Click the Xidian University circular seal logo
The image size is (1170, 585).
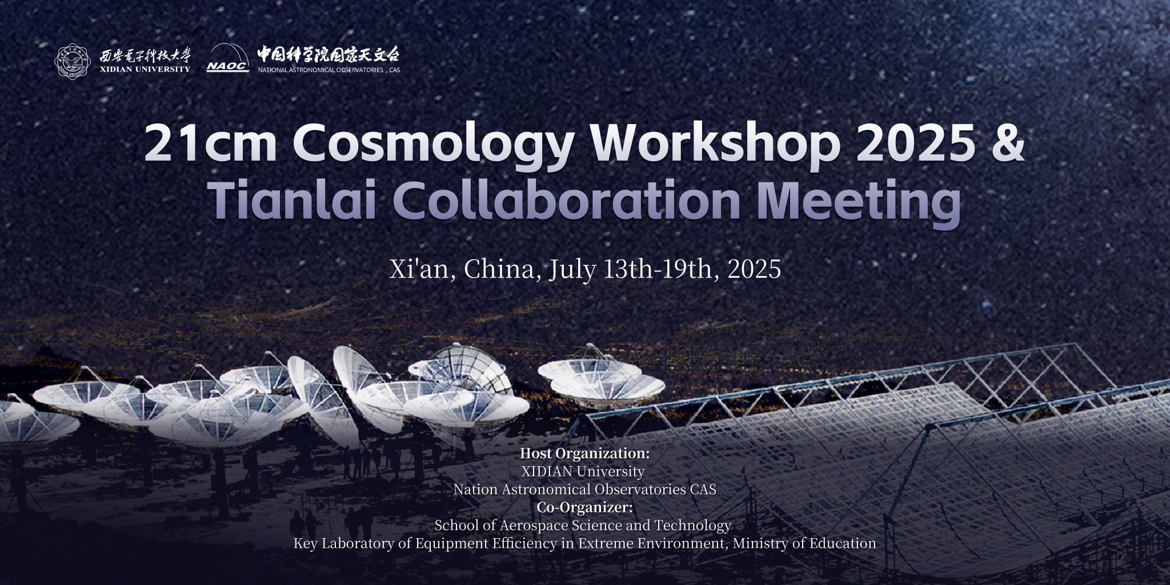tap(73, 62)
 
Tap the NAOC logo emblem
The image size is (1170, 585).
tap(228, 58)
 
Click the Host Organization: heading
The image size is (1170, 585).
tap(585, 454)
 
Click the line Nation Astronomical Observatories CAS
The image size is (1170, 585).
tap(585, 490)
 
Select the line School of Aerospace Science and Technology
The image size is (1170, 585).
tap(583, 525)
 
